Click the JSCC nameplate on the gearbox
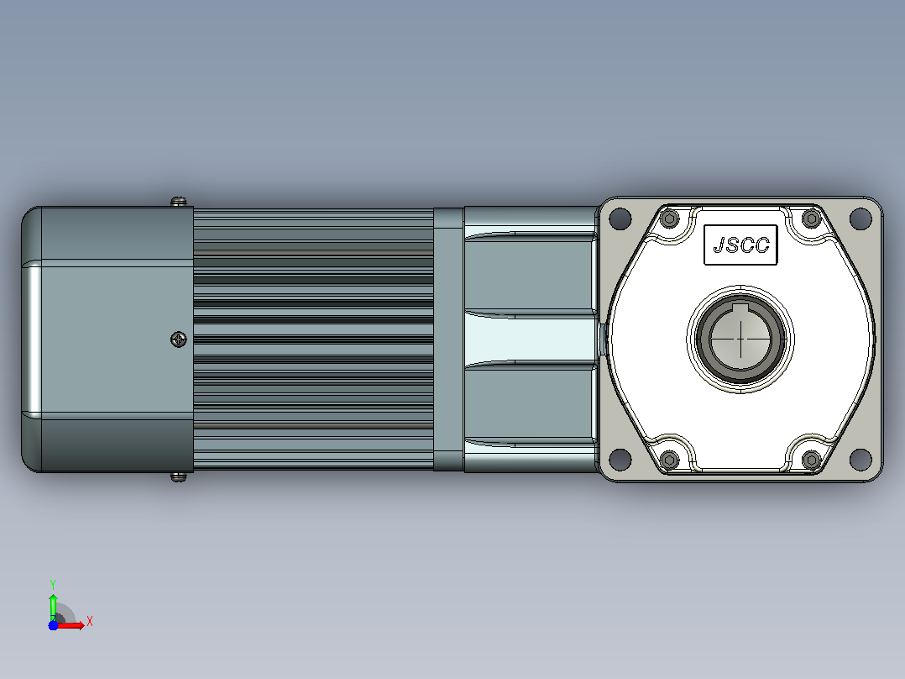click(x=740, y=245)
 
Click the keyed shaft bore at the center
click(x=740, y=339)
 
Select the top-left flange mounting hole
click(x=620, y=218)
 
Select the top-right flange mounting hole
click(x=861, y=218)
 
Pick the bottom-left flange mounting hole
click(x=620, y=460)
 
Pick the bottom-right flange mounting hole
click(x=861, y=460)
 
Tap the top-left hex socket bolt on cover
click(x=670, y=218)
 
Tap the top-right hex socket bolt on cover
click(x=812, y=218)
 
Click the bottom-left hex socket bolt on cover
click(x=670, y=460)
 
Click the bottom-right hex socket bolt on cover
click(x=812, y=460)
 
